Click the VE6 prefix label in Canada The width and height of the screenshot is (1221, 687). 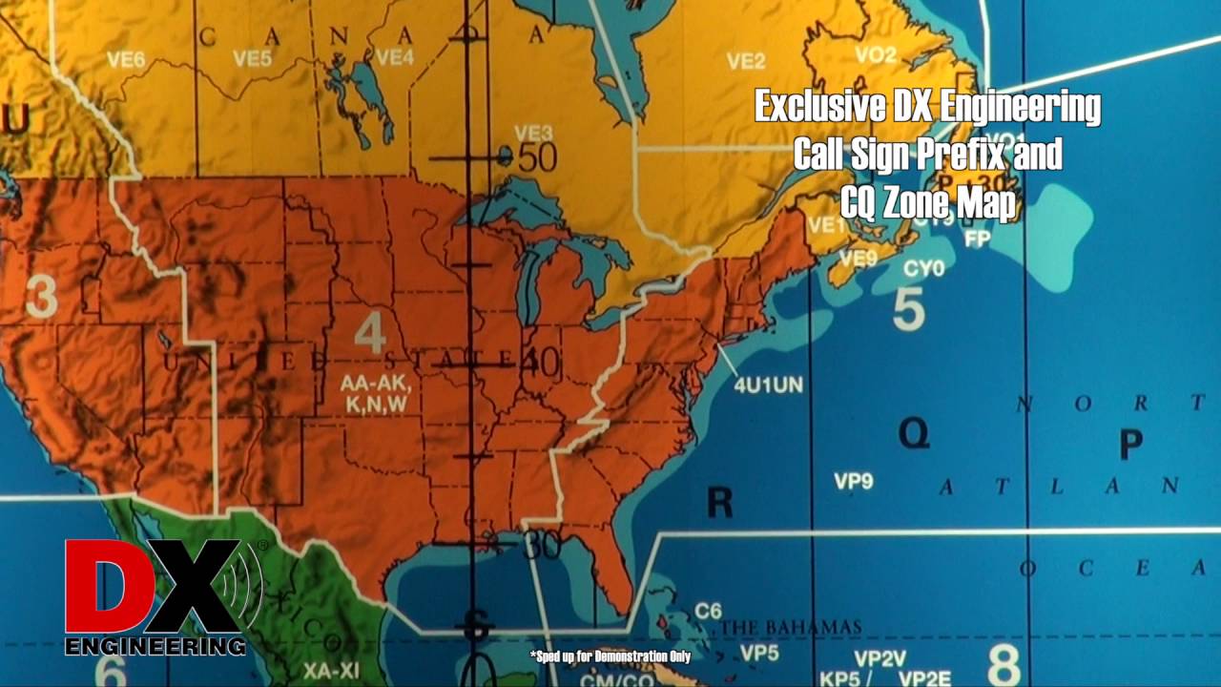[126, 59]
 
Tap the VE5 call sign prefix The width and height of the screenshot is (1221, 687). [252, 59]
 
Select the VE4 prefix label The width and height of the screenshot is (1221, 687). [394, 57]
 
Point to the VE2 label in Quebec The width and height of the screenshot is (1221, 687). [746, 62]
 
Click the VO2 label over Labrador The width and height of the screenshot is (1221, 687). [876, 55]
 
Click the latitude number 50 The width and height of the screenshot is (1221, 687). [537, 157]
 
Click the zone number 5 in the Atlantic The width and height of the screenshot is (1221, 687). [908, 309]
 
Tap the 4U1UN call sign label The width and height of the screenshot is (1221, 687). [768, 385]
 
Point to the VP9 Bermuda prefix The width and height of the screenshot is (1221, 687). [854, 481]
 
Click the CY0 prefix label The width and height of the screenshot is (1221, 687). [923, 269]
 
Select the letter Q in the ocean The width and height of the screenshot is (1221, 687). [913, 435]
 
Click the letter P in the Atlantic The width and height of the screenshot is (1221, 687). [1130, 444]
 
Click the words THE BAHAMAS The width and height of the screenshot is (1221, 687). [792, 628]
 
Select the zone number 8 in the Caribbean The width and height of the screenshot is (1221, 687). [1004, 664]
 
